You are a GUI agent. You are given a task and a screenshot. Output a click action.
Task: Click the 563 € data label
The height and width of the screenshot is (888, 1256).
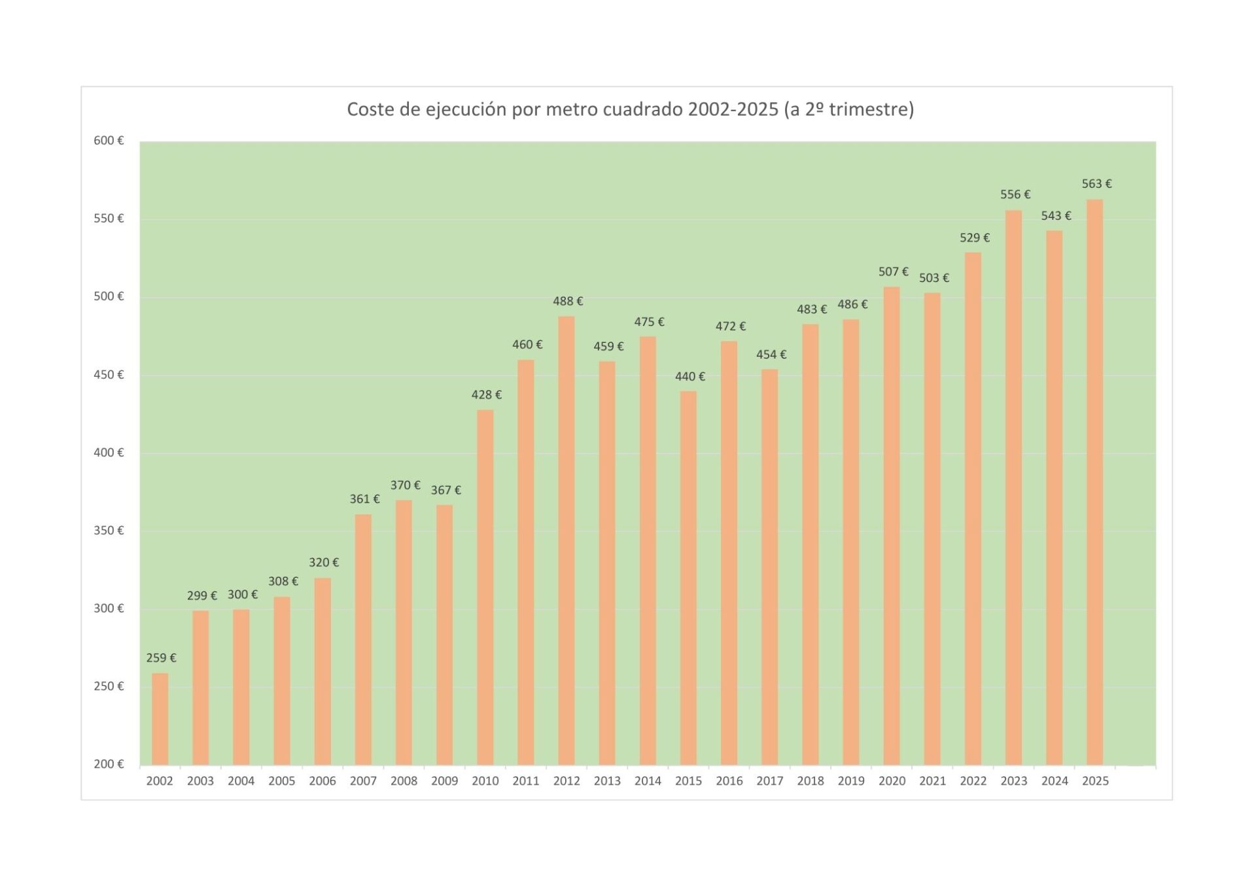pyautogui.click(x=1096, y=184)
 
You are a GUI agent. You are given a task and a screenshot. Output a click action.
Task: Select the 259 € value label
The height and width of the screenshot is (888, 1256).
pyautogui.click(x=161, y=658)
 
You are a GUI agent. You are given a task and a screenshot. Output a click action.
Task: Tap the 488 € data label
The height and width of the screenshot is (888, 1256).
pyautogui.click(x=567, y=301)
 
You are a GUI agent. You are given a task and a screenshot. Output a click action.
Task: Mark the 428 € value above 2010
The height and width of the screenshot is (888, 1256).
pyautogui.click(x=486, y=395)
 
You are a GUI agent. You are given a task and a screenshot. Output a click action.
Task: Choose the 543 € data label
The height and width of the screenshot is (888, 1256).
pyautogui.click(x=1056, y=215)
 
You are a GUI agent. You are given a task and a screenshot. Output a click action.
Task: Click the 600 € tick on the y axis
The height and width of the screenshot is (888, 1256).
pyautogui.click(x=109, y=141)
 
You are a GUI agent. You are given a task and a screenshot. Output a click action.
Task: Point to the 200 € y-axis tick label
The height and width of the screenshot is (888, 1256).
pyautogui.click(x=109, y=764)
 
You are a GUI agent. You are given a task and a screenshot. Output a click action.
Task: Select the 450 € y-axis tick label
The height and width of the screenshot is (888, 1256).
pyautogui.click(x=109, y=374)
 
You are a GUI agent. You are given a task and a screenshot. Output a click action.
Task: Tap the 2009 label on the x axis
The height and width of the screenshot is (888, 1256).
pyautogui.click(x=444, y=781)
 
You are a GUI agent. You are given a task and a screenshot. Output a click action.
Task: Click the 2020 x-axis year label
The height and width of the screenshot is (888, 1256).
pyautogui.click(x=892, y=781)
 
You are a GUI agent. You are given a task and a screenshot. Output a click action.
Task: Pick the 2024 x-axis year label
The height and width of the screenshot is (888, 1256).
pyautogui.click(x=1055, y=781)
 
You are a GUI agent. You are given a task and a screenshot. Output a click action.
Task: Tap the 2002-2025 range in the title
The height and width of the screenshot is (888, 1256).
pyautogui.click(x=733, y=109)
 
